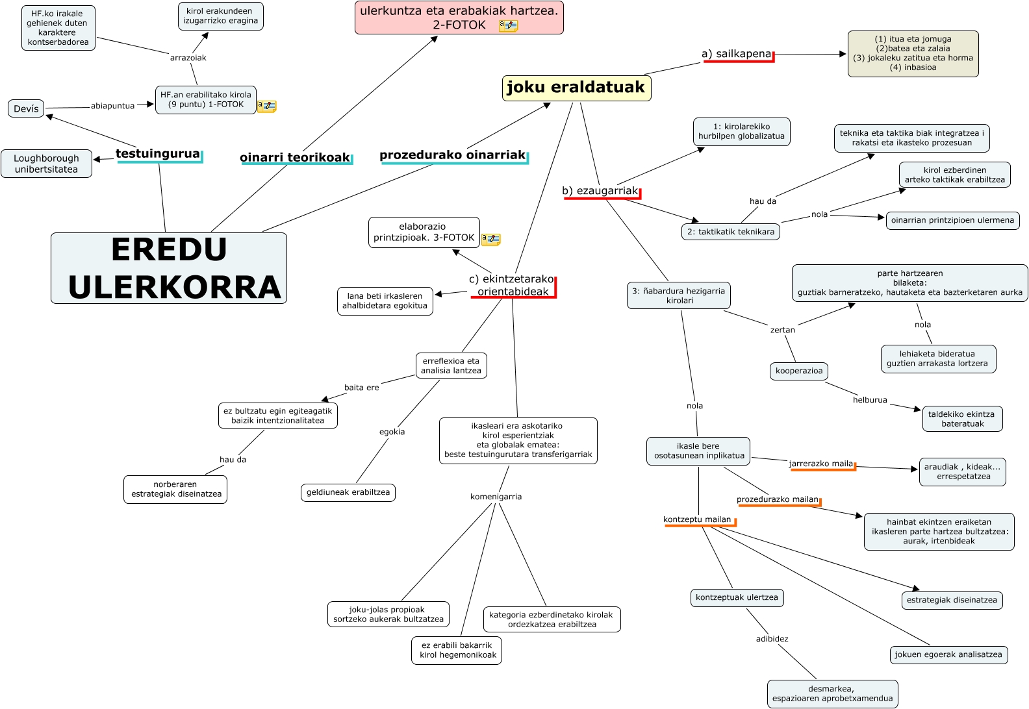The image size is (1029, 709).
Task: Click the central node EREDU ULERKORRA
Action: tap(169, 268)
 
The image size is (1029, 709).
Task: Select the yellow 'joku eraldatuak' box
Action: tap(576, 88)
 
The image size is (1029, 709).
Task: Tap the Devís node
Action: tap(26, 108)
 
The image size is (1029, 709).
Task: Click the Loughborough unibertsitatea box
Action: tap(46, 164)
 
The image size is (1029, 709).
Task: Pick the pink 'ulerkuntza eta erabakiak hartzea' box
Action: tap(459, 18)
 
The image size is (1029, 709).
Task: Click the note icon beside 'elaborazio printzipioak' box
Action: tap(490, 240)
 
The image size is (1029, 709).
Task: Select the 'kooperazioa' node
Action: tap(798, 371)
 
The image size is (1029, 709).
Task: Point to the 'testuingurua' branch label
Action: tap(158, 154)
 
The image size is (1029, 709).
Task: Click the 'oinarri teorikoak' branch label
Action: tap(295, 157)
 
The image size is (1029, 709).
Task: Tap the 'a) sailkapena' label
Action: tap(737, 54)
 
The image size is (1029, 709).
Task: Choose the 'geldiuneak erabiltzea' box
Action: tap(348, 492)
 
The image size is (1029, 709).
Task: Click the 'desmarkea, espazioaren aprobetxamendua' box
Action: tap(832, 693)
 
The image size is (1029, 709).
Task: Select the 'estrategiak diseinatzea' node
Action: tap(952, 600)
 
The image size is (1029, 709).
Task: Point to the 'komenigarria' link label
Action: tap(496, 497)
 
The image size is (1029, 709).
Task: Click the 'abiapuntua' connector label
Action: tap(112, 106)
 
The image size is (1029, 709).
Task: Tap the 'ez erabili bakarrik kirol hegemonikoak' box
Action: tap(457, 650)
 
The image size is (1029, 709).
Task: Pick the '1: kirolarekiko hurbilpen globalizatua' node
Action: tap(741, 132)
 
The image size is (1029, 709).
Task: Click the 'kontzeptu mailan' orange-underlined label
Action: tap(697, 519)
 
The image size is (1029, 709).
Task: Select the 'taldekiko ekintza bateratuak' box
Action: tap(961, 419)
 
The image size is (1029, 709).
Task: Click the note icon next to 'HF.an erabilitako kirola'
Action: tap(266, 106)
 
